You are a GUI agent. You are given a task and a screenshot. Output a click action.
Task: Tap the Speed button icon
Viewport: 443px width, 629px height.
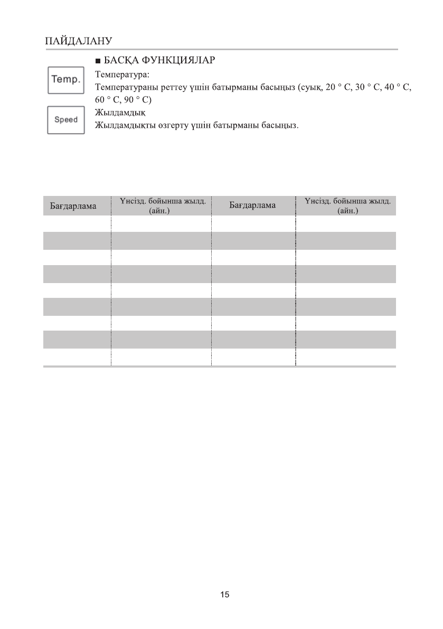[x=66, y=120]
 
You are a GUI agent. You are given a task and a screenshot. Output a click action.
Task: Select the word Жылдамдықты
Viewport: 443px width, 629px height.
[x=122, y=126]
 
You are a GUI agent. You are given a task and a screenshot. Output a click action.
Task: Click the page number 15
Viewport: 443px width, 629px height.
[x=225, y=595]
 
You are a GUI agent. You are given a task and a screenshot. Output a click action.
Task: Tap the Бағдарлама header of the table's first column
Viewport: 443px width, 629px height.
[x=77, y=206]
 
